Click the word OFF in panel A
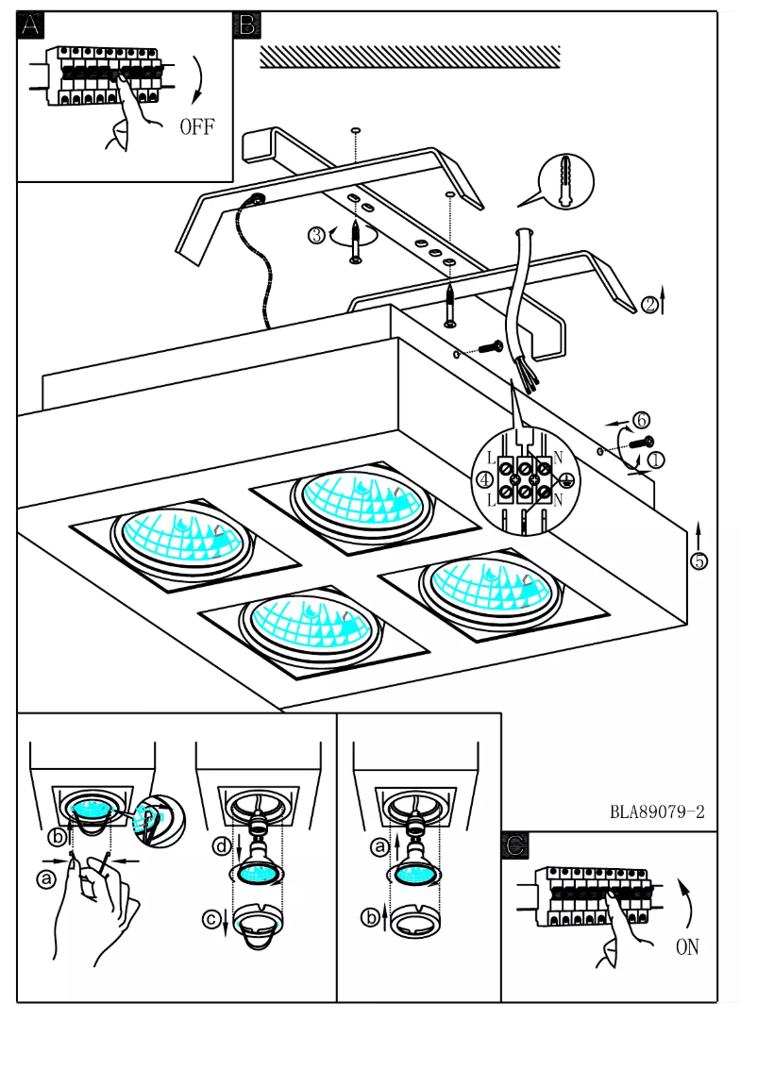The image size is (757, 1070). [197, 127]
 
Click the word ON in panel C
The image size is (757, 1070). [687, 947]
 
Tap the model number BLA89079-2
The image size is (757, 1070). [657, 811]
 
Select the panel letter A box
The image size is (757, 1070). [30, 25]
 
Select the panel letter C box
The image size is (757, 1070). [514, 845]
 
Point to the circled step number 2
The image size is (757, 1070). [650, 305]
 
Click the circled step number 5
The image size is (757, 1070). [698, 560]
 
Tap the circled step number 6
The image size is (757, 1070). [642, 419]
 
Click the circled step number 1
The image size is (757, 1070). [656, 460]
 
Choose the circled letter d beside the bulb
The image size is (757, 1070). [222, 847]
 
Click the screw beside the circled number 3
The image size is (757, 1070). [356, 241]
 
